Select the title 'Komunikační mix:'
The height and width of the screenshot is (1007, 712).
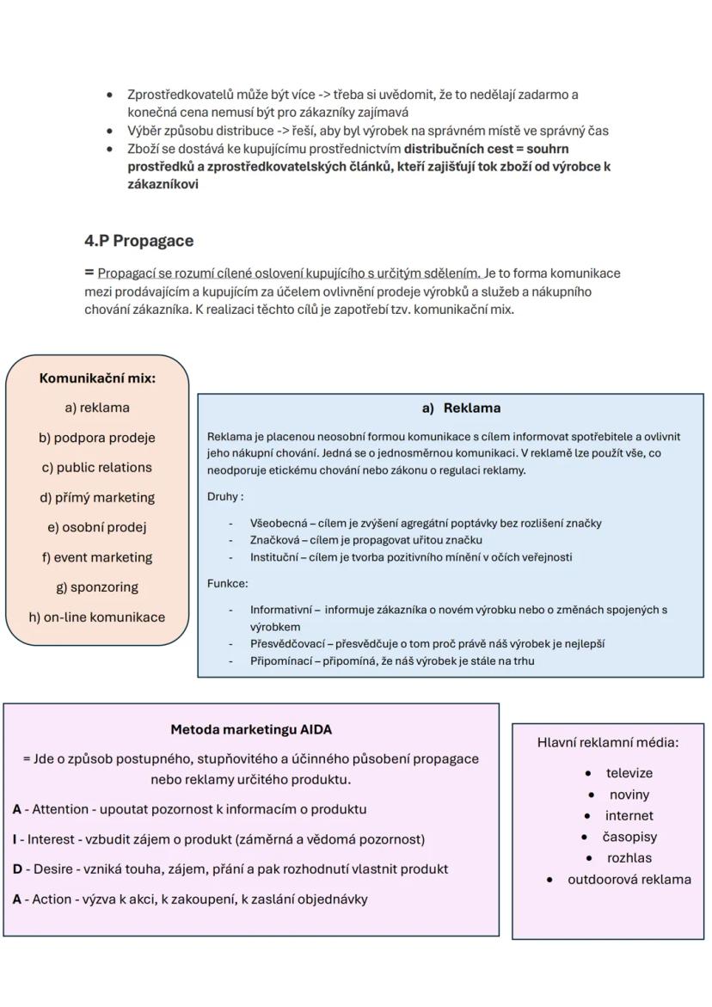point(97,378)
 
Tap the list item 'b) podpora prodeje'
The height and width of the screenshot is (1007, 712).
point(97,438)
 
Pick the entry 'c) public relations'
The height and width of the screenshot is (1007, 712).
point(97,468)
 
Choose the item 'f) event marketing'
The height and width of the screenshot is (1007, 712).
point(97,557)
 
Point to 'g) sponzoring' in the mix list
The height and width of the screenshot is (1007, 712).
point(97,587)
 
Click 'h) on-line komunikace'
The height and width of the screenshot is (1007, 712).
point(97,617)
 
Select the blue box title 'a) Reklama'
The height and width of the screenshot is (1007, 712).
point(461,408)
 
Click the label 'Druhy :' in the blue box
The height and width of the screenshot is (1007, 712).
point(225,496)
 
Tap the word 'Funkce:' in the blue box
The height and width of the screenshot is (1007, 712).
point(227,583)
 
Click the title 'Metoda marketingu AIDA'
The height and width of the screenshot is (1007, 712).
point(251,730)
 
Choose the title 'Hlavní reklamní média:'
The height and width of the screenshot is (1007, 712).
point(608,742)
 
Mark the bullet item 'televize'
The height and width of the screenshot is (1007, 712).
point(629,773)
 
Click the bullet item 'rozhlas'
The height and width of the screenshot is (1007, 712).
point(629,858)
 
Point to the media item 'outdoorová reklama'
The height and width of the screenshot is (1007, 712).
point(629,880)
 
